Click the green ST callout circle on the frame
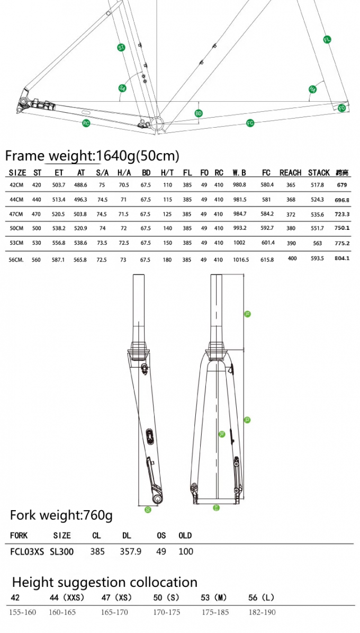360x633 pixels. point(121,48)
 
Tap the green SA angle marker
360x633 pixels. point(122,88)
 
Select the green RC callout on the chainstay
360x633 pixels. point(86,123)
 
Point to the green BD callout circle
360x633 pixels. point(199,113)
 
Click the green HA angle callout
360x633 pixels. point(312,89)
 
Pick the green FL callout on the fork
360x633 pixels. point(327,40)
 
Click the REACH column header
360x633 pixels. point(290,173)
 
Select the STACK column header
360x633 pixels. point(319,173)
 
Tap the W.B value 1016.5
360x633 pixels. point(240,260)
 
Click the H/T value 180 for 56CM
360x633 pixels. point(168,260)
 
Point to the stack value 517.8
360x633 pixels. point(317,185)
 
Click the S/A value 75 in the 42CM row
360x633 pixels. point(102,185)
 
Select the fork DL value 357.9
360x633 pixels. point(130,551)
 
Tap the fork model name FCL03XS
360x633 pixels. point(27,551)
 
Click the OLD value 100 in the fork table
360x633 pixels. point(186,551)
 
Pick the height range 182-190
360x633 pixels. point(262,612)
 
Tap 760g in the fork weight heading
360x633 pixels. point(98,515)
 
